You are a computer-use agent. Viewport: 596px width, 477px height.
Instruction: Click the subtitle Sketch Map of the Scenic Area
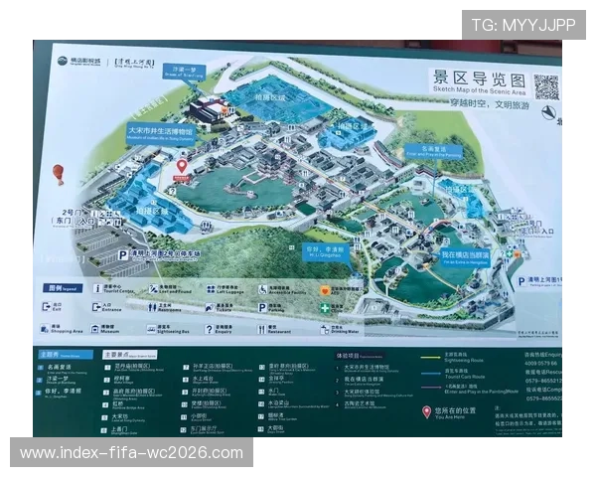point(478,90)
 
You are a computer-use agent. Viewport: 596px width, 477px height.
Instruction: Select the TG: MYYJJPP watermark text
point(522,24)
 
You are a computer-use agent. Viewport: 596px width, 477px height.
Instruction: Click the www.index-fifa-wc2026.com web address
point(131,453)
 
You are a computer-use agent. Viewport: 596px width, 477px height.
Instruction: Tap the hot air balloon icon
point(59,175)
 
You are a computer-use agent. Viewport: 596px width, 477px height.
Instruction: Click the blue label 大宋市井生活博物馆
point(159,133)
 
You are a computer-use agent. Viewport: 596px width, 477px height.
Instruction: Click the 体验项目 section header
point(347,354)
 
